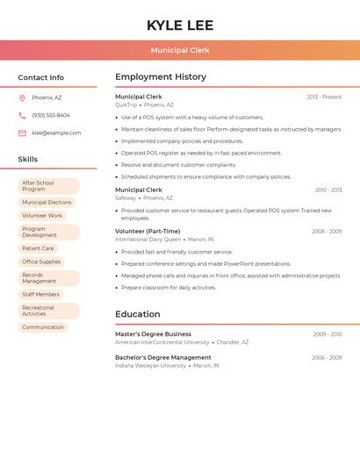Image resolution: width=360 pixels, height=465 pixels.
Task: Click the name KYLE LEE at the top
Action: pyautogui.click(x=180, y=25)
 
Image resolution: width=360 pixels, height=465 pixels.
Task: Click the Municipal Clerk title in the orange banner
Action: pyautogui.click(x=180, y=51)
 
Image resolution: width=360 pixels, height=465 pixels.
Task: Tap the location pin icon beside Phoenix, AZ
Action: pyautogui.click(x=22, y=98)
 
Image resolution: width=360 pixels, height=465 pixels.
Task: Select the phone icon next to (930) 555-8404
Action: pyautogui.click(x=22, y=116)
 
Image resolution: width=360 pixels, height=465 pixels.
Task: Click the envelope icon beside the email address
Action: pyautogui.click(x=22, y=133)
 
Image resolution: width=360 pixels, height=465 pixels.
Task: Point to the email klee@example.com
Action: pyautogui.click(x=56, y=133)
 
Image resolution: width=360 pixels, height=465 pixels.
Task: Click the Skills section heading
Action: pyautogui.click(x=28, y=160)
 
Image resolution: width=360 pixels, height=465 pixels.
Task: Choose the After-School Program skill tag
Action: pyautogui.click(x=49, y=186)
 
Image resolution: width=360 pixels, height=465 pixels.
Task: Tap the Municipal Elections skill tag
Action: pyautogui.click(x=47, y=203)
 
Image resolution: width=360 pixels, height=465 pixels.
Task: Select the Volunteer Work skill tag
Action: pyautogui.click(x=42, y=216)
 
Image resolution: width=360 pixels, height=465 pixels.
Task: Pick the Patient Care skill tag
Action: pyautogui.click(x=38, y=248)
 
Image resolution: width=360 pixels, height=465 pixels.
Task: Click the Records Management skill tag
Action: pyautogui.click(x=49, y=278)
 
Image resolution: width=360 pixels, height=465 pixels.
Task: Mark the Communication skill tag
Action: pyautogui.click(x=43, y=327)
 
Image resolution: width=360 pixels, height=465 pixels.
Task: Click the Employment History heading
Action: pyautogui.click(x=161, y=77)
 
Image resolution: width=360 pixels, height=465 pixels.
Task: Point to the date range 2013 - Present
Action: pyautogui.click(x=324, y=97)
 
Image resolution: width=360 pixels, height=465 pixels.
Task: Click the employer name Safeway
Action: pyautogui.click(x=126, y=198)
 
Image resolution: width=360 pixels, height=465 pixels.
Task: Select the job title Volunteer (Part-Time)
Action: pyautogui.click(x=148, y=232)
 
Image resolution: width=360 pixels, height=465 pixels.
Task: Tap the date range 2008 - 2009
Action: pyautogui.click(x=327, y=232)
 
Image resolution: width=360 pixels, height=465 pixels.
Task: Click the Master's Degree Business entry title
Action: pyautogui.click(x=153, y=334)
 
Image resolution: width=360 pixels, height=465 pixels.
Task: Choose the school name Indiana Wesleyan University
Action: pyautogui.click(x=150, y=366)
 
